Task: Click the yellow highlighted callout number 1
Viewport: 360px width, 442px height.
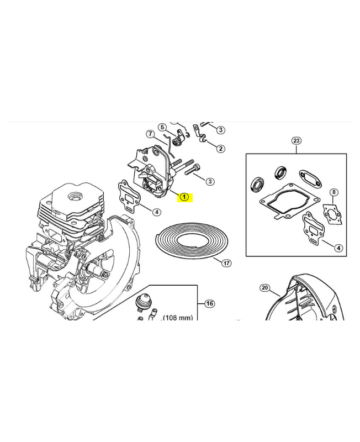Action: click(184, 197)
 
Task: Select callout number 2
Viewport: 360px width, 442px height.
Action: click(220, 149)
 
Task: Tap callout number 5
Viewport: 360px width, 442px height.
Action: click(162, 128)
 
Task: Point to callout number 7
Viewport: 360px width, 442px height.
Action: click(150, 134)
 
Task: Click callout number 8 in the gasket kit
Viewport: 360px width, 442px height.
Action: click(334, 192)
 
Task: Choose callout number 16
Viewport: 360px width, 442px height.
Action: click(209, 303)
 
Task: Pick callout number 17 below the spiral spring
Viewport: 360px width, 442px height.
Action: click(226, 263)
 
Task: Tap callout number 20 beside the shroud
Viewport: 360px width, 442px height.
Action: click(265, 288)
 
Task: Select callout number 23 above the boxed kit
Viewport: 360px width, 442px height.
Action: click(297, 141)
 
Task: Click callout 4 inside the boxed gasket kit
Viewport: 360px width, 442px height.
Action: click(338, 248)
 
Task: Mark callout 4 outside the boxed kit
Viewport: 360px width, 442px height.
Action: click(157, 212)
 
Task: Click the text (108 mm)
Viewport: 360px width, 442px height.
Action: click(178, 318)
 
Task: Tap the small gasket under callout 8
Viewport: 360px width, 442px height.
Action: click(333, 214)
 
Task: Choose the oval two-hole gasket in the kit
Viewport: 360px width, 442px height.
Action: click(310, 177)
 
